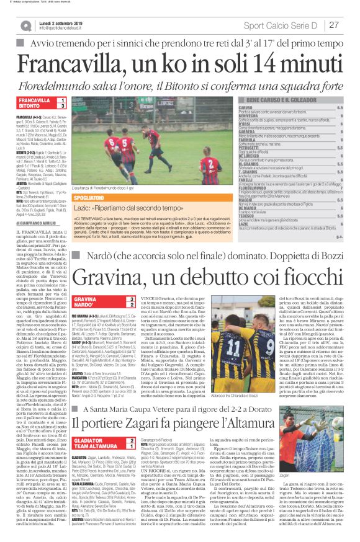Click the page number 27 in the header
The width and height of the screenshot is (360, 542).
tap(334, 25)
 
